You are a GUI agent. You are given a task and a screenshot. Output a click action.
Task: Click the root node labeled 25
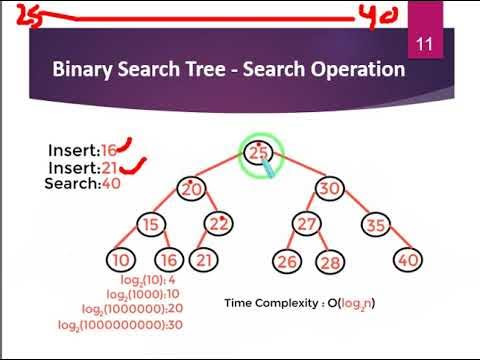point(260,153)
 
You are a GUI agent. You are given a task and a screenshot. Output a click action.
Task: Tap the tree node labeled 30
point(329,189)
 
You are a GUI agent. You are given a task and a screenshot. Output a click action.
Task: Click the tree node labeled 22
point(219,224)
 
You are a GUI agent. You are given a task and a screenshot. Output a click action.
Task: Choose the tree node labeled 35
point(377,224)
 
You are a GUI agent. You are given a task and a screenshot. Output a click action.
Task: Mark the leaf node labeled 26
point(286,262)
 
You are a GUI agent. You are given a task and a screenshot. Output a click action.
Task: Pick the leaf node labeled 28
point(328,262)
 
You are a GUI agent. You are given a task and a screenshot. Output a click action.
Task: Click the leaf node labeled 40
point(407,260)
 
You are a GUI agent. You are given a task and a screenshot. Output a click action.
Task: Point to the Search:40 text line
point(82,184)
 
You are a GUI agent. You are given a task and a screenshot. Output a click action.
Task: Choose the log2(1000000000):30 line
point(120,326)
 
